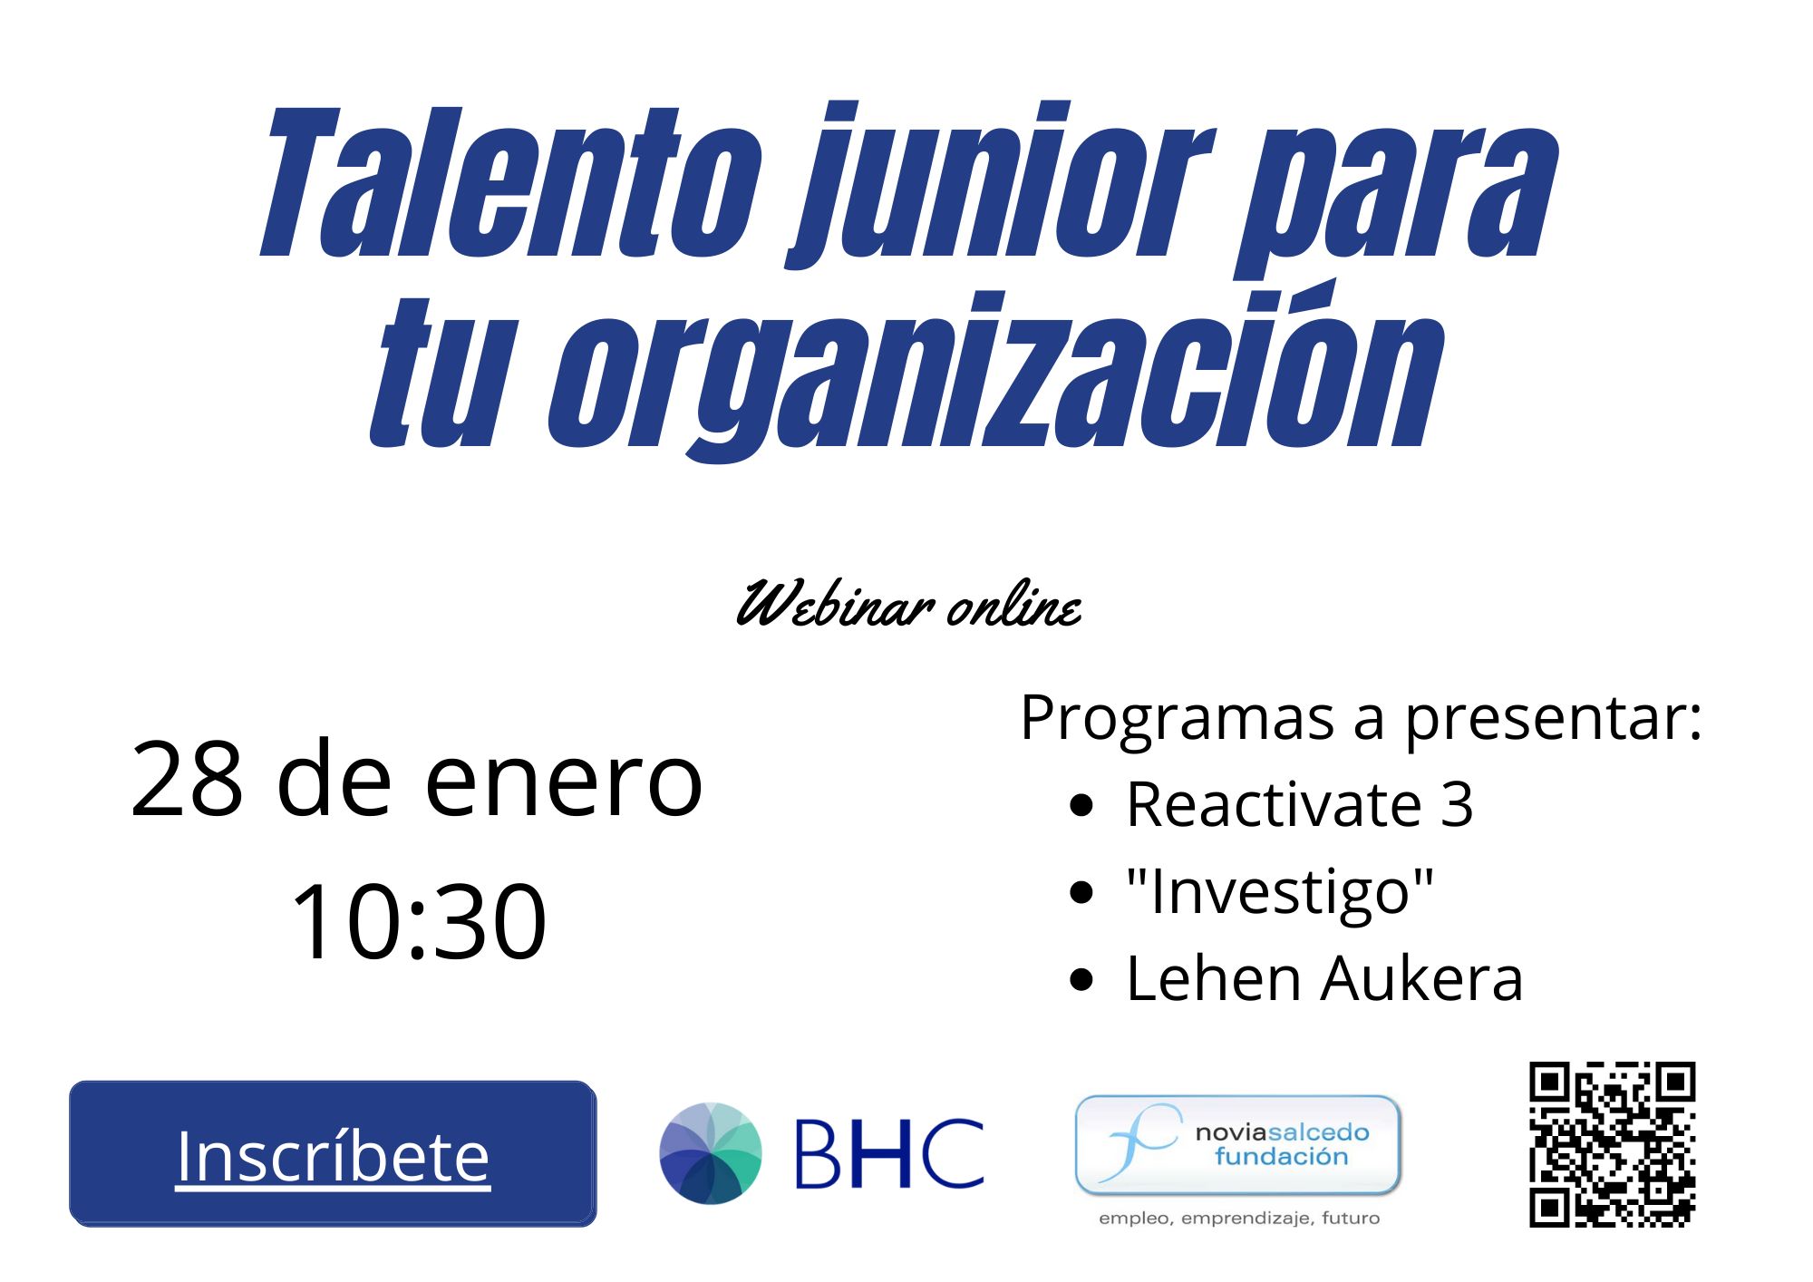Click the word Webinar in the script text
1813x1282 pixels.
pos(835,604)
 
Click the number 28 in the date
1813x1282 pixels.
pos(187,779)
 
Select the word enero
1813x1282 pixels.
pos(563,781)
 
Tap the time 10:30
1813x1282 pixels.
pos(418,921)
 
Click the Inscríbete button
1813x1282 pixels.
pos(333,1153)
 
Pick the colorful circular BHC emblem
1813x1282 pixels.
pos(711,1153)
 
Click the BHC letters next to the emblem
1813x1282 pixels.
pos(889,1154)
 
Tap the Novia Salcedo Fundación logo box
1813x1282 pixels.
pos(1238,1145)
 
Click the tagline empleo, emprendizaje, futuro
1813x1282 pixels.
pos(1239,1219)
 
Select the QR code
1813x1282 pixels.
pos(1613,1144)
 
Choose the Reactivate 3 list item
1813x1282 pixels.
pos(1299,804)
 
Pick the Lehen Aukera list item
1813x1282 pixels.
pos(1324,979)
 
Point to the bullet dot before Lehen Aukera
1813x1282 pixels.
pos(1081,981)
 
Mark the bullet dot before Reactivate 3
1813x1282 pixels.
pos(1081,805)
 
